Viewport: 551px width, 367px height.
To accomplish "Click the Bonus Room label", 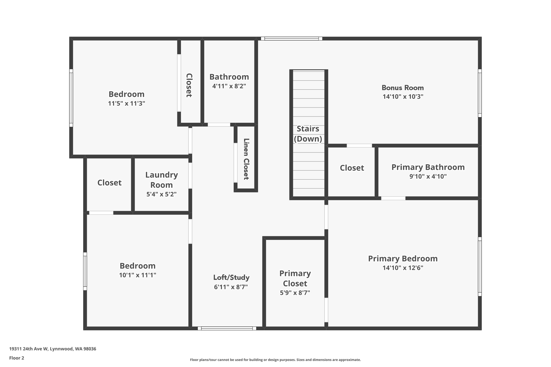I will [402, 88].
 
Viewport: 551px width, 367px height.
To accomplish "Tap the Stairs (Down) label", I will [308, 134].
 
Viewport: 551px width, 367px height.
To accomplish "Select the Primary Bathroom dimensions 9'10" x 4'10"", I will [428, 176].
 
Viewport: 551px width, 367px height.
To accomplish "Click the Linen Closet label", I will [246, 159].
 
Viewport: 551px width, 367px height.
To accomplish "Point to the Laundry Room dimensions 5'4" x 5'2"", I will [161, 194].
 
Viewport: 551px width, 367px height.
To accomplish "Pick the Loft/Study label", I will [231, 277].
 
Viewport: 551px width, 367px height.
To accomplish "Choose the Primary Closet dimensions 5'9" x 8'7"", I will [295, 293].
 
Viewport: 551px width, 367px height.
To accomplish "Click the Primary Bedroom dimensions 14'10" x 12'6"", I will [403, 268].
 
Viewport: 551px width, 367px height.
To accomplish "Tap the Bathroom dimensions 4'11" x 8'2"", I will [229, 86].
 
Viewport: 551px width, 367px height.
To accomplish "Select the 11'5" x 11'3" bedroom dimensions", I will [126, 104].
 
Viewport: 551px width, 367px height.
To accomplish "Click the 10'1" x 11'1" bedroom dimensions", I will [137, 275].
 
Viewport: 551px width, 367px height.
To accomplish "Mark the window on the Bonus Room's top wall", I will [291, 39].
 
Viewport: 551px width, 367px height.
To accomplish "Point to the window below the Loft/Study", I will [227, 328].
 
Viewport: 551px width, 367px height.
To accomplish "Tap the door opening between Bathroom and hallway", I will [219, 125].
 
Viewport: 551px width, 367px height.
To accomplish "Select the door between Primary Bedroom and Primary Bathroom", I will [393, 198].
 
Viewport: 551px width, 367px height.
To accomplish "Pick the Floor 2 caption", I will [17, 358].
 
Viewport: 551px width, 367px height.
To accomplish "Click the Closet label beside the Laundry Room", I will [109, 183].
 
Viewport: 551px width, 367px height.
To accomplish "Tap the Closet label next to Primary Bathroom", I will [352, 168].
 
